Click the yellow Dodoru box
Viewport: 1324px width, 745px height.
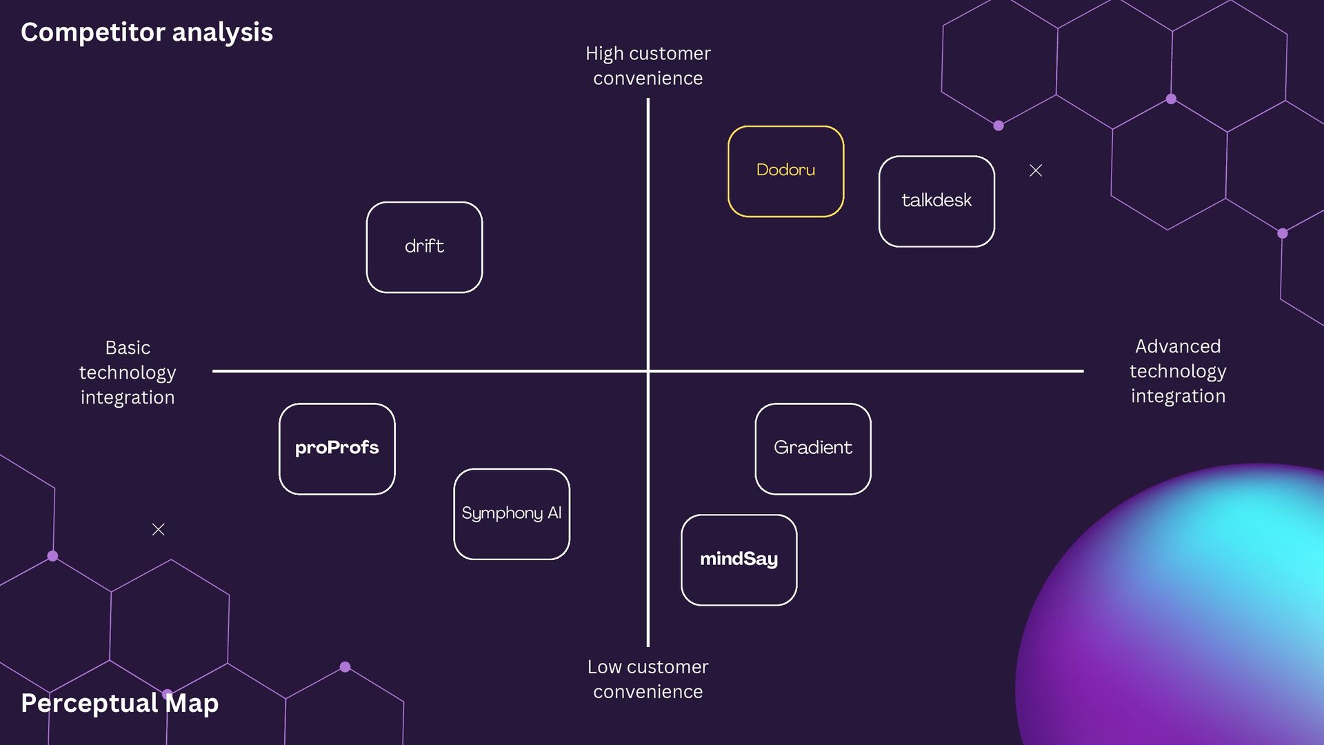[785, 171]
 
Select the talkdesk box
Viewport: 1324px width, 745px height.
[936, 201]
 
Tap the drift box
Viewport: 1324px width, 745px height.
[424, 247]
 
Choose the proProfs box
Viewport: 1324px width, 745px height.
[337, 448]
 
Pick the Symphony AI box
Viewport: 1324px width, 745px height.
[511, 514]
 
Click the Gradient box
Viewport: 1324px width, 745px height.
[812, 448]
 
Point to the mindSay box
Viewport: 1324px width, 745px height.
[739, 559]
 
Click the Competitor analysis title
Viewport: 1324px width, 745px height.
[146, 32]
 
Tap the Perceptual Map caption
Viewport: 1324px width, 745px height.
[119, 703]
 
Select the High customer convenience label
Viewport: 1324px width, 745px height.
[648, 66]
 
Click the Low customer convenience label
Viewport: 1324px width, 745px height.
[648, 679]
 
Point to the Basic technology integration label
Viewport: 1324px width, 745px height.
[128, 372]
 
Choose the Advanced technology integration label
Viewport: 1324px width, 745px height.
[1178, 371]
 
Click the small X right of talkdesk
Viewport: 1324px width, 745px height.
[1035, 170]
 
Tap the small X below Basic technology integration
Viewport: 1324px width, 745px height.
[158, 529]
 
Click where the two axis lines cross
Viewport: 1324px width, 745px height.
[648, 371]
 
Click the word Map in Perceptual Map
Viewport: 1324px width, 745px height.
[192, 703]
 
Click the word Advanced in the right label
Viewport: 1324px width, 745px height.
[1178, 346]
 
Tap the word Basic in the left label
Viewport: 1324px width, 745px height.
[128, 348]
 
